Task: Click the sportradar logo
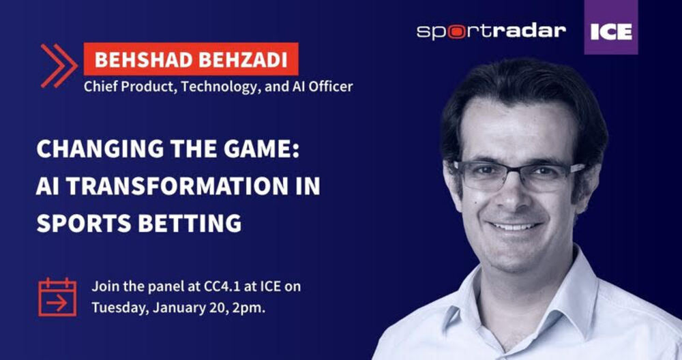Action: pos(492,32)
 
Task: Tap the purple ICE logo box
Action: pos(611,27)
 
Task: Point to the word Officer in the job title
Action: pos(331,87)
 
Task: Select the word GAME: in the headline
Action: pos(263,149)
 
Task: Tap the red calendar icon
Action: pos(57,297)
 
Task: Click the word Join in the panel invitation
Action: pos(104,286)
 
